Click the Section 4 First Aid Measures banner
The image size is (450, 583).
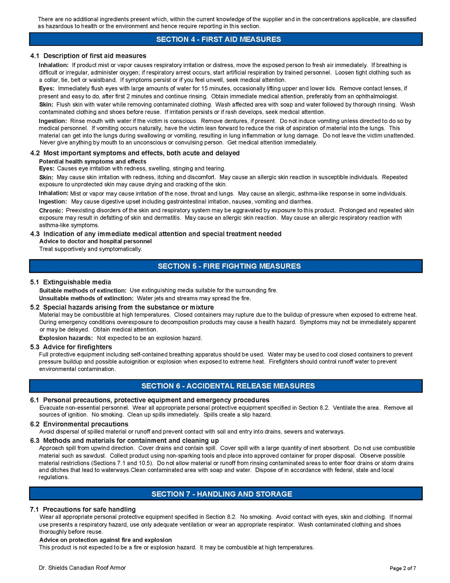click(x=225, y=39)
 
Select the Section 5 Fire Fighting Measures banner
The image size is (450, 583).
click(x=225, y=266)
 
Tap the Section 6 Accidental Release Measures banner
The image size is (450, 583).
click(x=225, y=386)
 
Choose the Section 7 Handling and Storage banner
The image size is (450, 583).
click(x=225, y=494)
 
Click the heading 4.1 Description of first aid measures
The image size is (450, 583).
click(x=88, y=56)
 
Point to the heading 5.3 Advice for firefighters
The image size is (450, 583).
click(x=71, y=347)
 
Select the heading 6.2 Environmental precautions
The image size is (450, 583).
click(x=79, y=424)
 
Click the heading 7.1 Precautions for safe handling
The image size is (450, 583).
click(x=83, y=509)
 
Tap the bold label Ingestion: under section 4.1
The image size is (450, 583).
click(x=53, y=121)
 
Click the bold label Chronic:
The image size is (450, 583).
click(x=51, y=211)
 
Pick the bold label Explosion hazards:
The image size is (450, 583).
click(x=66, y=338)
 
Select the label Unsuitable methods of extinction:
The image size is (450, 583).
click(x=86, y=298)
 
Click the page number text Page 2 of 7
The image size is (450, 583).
click(x=403, y=568)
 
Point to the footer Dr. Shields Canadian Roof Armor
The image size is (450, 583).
click(x=82, y=568)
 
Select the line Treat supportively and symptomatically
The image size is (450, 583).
click(x=91, y=249)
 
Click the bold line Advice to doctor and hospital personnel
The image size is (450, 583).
click(x=95, y=241)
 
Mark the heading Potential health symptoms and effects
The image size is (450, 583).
click(x=92, y=161)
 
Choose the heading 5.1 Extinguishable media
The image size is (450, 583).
click(x=71, y=282)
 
